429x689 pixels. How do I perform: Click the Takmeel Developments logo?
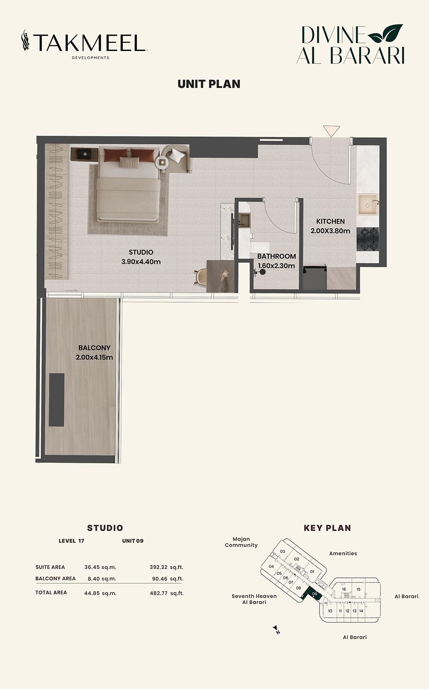point(84,44)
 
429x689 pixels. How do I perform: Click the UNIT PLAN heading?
point(209,84)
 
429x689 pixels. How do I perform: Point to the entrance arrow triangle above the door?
point(331,131)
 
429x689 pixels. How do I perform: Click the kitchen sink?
point(368,204)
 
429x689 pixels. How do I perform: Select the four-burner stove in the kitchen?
point(368,239)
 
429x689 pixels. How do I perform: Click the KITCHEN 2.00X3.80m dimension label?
point(330,226)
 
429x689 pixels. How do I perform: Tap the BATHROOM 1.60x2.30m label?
point(277,261)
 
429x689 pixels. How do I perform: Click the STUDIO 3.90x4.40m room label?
point(141,257)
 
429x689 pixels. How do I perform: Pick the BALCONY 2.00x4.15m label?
point(94,352)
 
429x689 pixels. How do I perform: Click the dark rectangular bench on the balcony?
point(57,400)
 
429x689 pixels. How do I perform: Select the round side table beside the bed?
point(162,162)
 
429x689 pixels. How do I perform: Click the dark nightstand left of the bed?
point(85,154)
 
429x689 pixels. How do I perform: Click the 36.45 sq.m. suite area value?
point(100,567)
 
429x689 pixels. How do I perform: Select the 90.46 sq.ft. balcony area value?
point(167,579)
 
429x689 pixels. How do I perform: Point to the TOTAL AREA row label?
point(51,592)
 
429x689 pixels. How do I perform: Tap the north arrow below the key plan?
point(276,629)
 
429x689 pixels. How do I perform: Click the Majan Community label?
point(241,542)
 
